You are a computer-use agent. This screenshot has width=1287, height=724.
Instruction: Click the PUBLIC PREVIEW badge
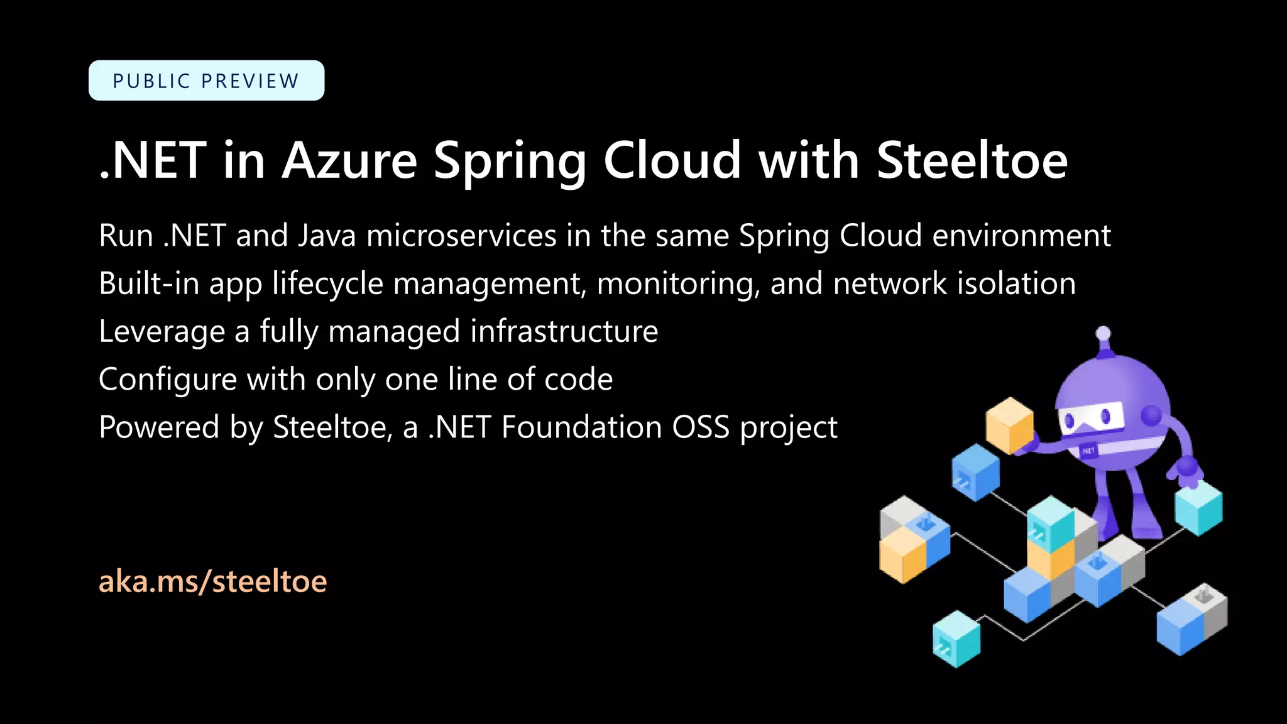[x=206, y=80]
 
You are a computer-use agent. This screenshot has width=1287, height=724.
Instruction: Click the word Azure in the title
[x=349, y=160]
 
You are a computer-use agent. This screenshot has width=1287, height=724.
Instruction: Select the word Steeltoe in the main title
[x=972, y=160]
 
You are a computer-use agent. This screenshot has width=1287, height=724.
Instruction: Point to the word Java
[x=326, y=236]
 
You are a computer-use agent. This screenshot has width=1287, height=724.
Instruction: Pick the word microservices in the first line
[x=461, y=236]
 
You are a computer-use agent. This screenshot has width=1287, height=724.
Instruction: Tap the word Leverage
[x=162, y=332]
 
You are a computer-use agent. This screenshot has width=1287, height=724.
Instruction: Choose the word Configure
[x=167, y=380]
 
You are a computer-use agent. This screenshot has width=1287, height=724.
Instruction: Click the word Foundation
[x=581, y=427]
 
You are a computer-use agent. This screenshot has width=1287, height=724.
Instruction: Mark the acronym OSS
[x=701, y=427]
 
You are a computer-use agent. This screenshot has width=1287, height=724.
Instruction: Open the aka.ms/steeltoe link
[x=212, y=581]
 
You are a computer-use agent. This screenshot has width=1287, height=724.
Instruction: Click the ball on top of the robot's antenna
[x=1103, y=333]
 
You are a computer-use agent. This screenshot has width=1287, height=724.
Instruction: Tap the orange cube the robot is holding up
[x=1009, y=425]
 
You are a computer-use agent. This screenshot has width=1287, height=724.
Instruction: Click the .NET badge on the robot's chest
[x=1088, y=450]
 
